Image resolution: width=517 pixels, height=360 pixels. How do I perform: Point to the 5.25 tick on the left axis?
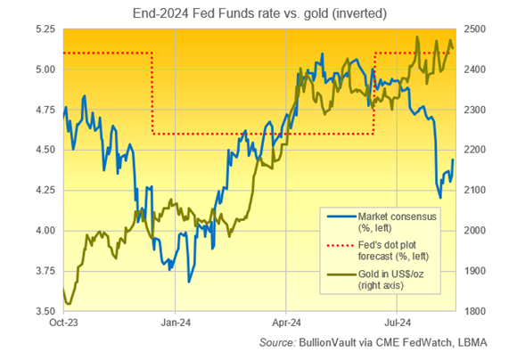pos(44,29)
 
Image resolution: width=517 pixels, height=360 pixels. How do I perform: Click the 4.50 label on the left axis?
pos(44,151)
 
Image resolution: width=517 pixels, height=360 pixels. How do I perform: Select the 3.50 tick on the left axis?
pos(44,311)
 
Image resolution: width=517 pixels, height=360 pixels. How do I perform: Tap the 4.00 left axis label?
pos(44,231)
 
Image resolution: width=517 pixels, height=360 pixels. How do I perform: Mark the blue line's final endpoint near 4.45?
pos(453,160)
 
